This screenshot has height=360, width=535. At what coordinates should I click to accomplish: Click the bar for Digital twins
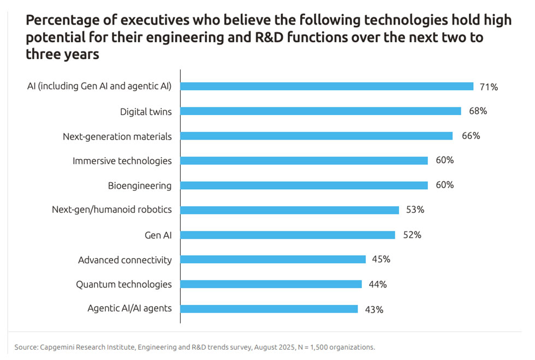point(321,111)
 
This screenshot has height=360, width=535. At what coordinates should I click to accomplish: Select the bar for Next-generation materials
point(317,136)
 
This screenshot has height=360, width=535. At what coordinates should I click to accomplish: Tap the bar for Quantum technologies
point(271,284)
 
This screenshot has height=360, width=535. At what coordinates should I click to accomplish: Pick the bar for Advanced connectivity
point(273,260)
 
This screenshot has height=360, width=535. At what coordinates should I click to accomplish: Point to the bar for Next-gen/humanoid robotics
point(290,210)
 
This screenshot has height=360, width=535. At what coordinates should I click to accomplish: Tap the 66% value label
point(470,136)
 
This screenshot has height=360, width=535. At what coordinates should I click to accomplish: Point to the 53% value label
point(414,210)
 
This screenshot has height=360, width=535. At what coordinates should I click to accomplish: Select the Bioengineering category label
point(140,185)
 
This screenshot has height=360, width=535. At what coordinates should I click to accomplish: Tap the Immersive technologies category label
point(122,161)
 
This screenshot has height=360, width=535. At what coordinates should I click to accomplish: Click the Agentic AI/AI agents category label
point(130,309)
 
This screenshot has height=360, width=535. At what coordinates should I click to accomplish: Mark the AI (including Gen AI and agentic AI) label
point(99,86)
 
